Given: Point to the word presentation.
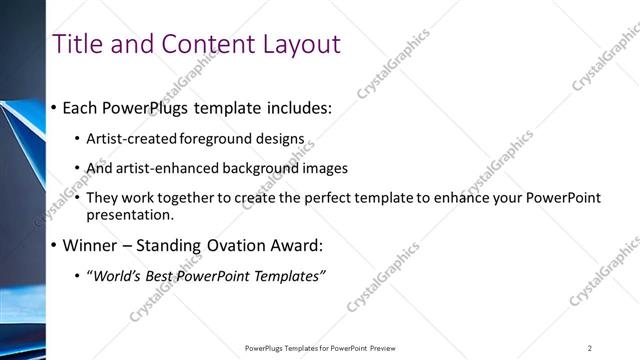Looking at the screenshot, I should [x=130, y=214].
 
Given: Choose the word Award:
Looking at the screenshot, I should [x=320, y=245].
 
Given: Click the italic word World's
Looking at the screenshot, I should [x=118, y=276].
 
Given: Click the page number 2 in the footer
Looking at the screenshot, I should [x=589, y=348].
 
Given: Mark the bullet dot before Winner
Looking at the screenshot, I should [x=53, y=246].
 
